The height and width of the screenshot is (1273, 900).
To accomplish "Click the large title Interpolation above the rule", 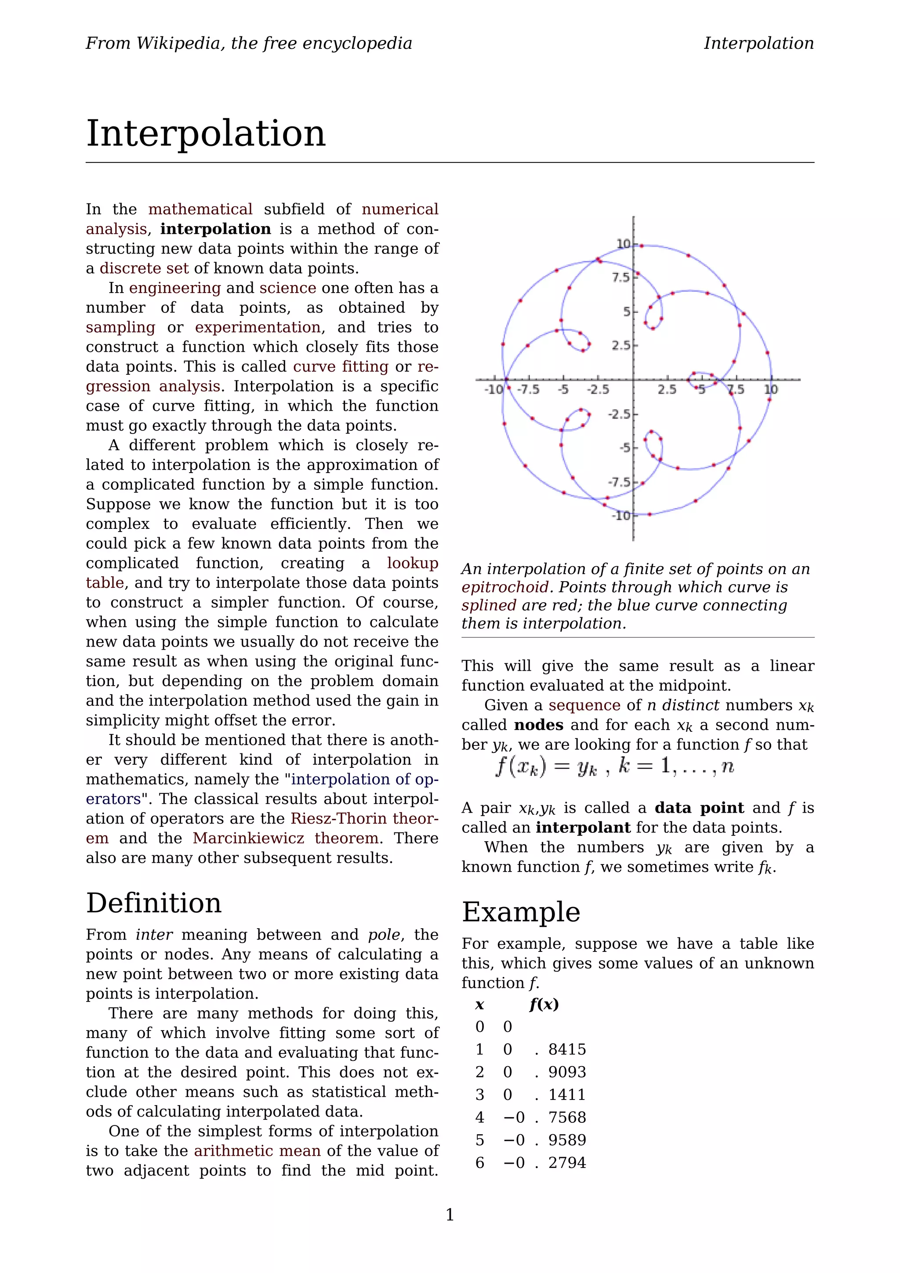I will [x=206, y=134].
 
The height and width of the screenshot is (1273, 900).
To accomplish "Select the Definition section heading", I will [x=154, y=903].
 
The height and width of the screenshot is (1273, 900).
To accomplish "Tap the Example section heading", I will [x=521, y=912].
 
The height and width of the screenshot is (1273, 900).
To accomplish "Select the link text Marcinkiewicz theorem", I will [x=286, y=838].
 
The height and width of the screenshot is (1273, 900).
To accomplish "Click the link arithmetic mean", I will [x=257, y=1151].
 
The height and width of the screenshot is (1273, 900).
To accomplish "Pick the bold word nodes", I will [x=538, y=725].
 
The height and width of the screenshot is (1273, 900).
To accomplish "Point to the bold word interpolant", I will [x=582, y=828].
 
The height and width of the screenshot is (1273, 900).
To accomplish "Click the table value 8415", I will [x=567, y=1049].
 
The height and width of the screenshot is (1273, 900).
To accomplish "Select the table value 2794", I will [x=567, y=1163].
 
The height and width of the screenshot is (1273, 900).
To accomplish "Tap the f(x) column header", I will [x=544, y=1005].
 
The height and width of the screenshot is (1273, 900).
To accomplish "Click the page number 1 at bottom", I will [x=450, y=1215].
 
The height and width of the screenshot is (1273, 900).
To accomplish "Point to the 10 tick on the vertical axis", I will [x=623, y=244].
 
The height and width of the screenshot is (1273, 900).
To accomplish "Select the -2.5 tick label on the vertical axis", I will [x=619, y=414].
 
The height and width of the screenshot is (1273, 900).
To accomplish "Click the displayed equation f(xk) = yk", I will [x=614, y=767].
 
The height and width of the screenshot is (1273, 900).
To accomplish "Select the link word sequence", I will [x=584, y=705].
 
